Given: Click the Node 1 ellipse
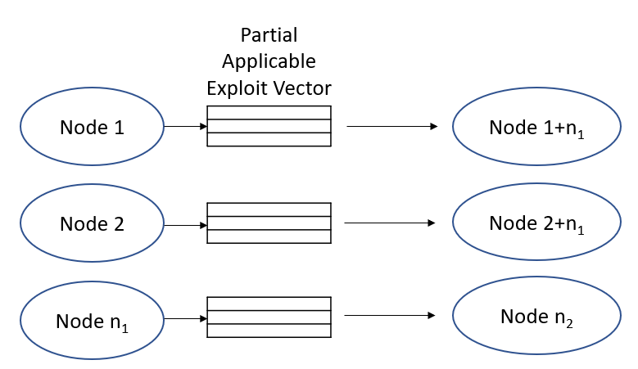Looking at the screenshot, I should [x=92, y=128].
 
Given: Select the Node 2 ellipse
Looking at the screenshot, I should [x=92, y=223].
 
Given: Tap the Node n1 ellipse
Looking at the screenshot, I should [x=92, y=319].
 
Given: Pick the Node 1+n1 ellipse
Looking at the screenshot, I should [x=536, y=128].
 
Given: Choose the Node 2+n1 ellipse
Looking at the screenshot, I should [x=536, y=223].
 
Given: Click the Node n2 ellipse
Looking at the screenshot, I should [x=536, y=317].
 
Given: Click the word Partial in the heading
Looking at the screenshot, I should [x=269, y=36].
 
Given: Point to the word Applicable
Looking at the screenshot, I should [x=269, y=62].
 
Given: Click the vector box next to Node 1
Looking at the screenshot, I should [x=269, y=126].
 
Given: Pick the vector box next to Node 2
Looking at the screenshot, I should [x=269, y=223].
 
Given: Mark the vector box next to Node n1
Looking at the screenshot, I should [x=269, y=317].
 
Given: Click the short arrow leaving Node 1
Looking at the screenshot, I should [x=185, y=127].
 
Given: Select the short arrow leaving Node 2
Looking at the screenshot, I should [x=185, y=224].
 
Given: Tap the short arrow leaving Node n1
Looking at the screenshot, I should [x=185, y=318].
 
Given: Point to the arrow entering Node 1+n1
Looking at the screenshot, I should [x=391, y=127].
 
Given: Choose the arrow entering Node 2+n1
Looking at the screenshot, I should [x=390, y=223].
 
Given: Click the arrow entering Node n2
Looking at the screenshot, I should [x=390, y=316].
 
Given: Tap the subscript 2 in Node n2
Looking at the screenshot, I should [x=568, y=323].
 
